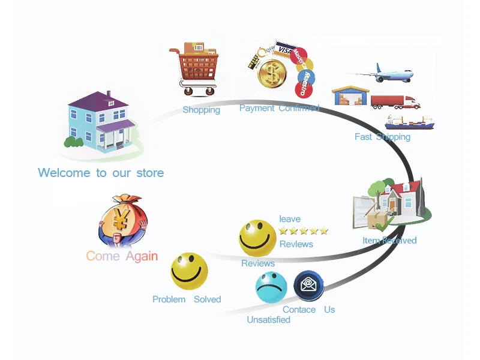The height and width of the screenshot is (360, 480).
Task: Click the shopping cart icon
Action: (x=194, y=69)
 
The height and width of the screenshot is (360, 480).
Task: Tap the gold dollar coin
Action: (x=272, y=74)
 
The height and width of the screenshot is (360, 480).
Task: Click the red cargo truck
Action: (x=395, y=102)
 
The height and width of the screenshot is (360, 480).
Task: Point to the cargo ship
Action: (x=409, y=122)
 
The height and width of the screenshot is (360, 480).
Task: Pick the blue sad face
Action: (x=271, y=287)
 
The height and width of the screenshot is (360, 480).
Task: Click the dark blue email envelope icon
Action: (x=308, y=286)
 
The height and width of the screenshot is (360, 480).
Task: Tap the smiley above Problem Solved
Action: (x=189, y=271)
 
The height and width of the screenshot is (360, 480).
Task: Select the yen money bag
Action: (x=123, y=220)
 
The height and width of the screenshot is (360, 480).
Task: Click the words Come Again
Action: (x=122, y=256)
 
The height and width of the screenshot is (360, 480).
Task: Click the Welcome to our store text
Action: (x=101, y=173)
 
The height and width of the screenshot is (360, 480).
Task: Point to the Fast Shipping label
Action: (x=382, y=137)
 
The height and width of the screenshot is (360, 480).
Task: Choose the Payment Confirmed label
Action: (x=279, y=108)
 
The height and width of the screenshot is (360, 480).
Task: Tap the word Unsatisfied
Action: (x=268, y=320)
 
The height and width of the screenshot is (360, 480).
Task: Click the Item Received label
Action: (x=389, y=241)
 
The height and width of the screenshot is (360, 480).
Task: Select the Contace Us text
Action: (x=308, y=310)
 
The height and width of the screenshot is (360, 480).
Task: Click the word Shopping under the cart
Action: (x=202, y=110)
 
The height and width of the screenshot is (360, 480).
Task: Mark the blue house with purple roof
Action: (x=101, y=122)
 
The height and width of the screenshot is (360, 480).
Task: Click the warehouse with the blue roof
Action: (x=351, y=95)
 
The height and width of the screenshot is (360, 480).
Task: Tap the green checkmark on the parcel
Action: (x=385, y=224)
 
